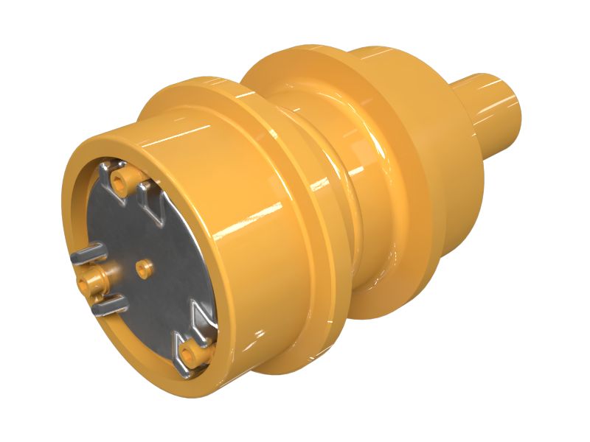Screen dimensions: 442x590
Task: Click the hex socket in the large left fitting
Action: (x=91, y=279)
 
